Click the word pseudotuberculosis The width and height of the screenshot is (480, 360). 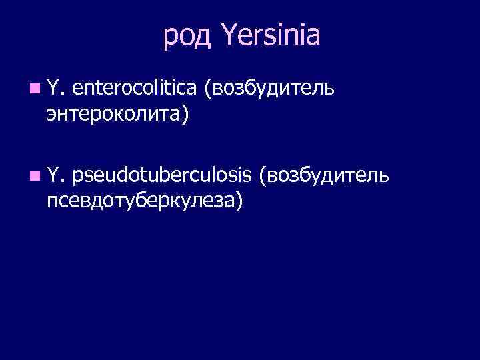pos(163,175)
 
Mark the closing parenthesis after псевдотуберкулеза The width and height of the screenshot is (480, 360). pos(238,201)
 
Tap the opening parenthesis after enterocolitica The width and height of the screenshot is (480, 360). pos(209,87)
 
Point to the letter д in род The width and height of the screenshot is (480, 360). pos(204,38)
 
